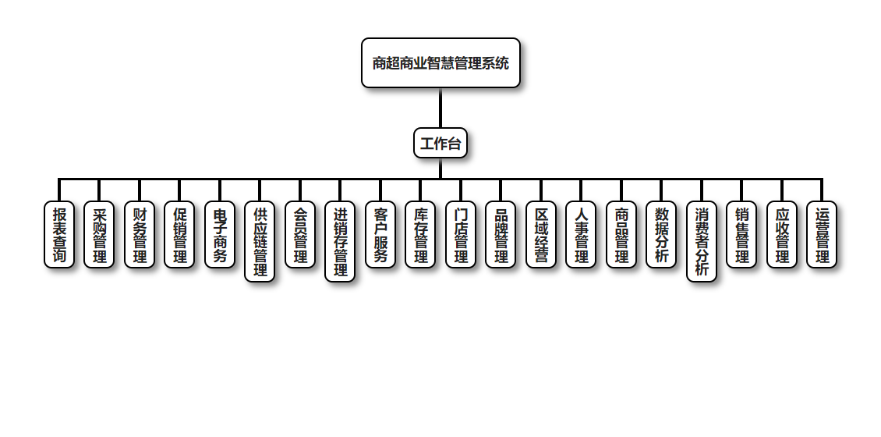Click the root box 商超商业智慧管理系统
pyautogui.click(x=440, y=63)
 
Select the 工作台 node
pyautogui.click(x=440, y=143)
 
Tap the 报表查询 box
pyautogui.click(x=59, y=235)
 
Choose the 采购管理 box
pyautogui.click(x=99, y=235)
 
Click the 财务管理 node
pyautogui.click(x=140, y=235)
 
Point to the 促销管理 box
pyautogui.click(x=179, y=235)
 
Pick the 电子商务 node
pyautogui.click(x=220, y=235)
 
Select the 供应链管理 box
pyautogui.click(x=260, y=242)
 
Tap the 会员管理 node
pyautogui.click(x=300, y=235)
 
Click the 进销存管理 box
pyautogui.click(x=340, y=242)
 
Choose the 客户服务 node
pyautogui.click(x=380, y=235)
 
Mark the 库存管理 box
pyautogui.click(x=420, y=235)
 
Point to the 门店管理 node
pyautogui.click(x=461, y=235)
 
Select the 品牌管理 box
pyautogui.click(x=501, y=235)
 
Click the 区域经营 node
pyautogui.click(x=541, y=235)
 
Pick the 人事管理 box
pyautogui.click(x=581, y=235)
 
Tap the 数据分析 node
pyautogui.click(x=661, y=235)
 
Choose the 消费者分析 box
pyautogui.click(x=702, y=242)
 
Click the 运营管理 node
pyautogui.click(x=822, y=235)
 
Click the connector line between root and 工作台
pyautogui.click(x=440, y=108)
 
